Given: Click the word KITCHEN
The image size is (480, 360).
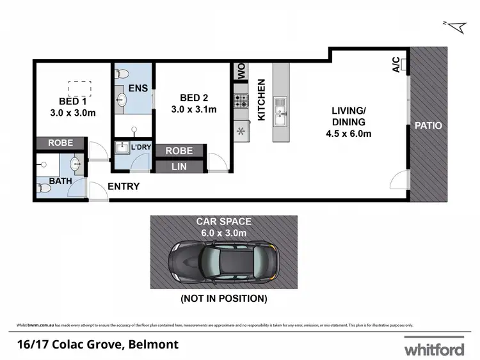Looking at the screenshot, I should pos(261,100).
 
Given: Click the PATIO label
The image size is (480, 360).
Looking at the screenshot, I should pos(428,125).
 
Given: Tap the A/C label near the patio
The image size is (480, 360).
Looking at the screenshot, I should pos(396,65).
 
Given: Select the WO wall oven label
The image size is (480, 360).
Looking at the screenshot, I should pos(241,72).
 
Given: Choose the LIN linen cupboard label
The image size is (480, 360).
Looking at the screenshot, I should pos(179,167).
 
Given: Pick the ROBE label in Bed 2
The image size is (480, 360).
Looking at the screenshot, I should pos(179,151).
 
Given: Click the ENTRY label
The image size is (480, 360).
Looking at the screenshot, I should pos(124,187).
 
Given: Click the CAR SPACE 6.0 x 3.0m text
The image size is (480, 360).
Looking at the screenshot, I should pos(223,227).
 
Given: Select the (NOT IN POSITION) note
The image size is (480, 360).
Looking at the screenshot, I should pos(223,299).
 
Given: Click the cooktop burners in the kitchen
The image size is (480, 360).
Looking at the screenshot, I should pos(241,100).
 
